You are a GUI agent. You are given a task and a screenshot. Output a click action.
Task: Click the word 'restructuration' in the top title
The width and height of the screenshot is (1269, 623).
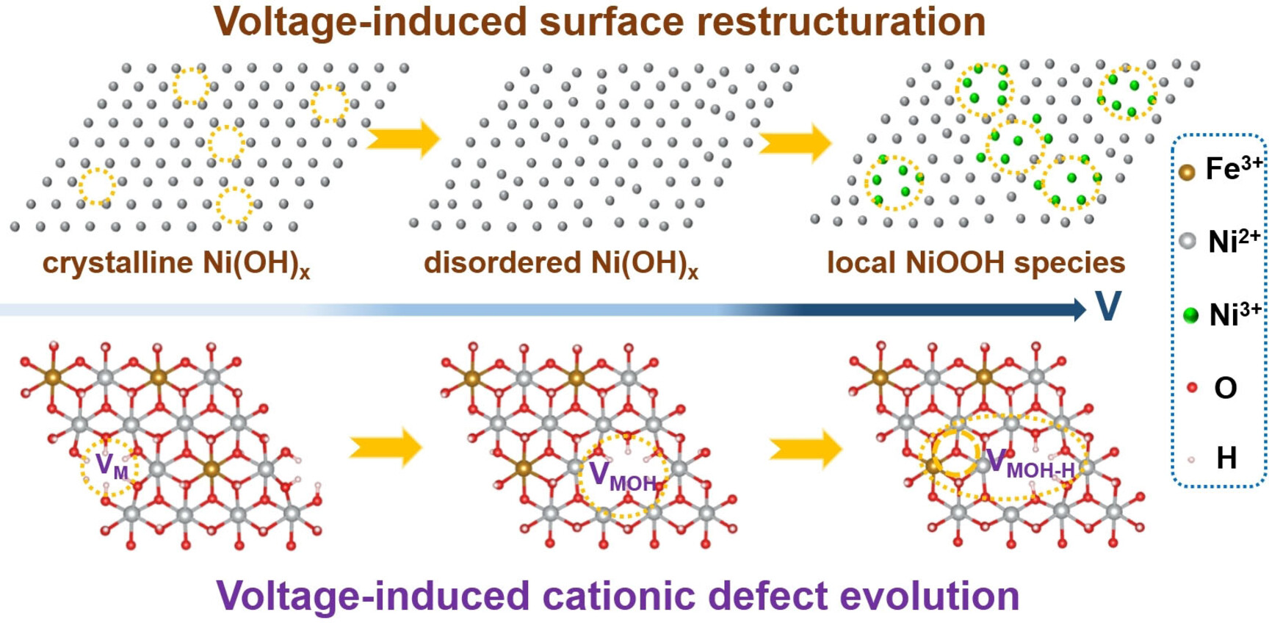841,21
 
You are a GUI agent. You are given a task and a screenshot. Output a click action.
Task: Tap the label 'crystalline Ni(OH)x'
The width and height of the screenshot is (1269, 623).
176,264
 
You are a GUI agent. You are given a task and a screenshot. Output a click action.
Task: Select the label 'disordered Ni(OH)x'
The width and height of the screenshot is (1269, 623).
561,264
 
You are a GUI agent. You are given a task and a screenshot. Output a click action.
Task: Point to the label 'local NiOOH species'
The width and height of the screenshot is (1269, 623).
975,262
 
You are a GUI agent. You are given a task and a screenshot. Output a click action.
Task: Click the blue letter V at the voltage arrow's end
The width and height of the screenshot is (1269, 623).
1108,306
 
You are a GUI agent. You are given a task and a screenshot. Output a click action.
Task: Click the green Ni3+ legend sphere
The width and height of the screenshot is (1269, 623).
1191,315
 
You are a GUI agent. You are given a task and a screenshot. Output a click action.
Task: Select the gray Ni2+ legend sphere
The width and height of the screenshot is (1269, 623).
1187,241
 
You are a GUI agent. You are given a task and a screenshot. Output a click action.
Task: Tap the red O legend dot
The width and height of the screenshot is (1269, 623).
1192,387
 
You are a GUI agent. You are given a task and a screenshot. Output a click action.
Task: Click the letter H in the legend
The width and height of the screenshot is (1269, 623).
1226,458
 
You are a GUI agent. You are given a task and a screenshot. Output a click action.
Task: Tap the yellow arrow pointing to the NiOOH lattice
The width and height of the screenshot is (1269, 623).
795,142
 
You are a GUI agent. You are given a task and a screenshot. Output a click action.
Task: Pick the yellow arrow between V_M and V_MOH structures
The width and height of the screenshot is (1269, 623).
386,447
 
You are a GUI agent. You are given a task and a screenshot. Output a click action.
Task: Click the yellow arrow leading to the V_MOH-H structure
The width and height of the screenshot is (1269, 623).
806,448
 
